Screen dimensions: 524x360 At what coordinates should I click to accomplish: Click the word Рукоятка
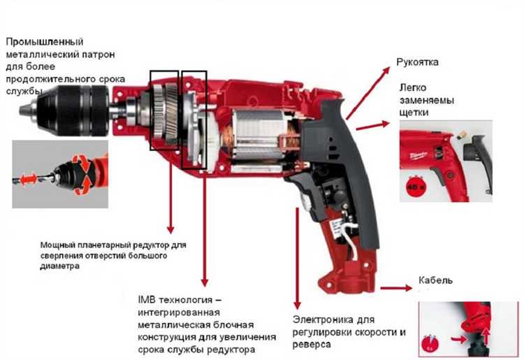[x=417, y=62]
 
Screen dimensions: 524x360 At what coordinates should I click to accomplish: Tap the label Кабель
[x=435, y=280]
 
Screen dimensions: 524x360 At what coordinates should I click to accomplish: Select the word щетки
[x=414, y=113]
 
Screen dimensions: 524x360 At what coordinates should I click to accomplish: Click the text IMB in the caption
[x=147, y=299]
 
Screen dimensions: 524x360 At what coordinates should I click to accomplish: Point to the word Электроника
[x=323, y=319]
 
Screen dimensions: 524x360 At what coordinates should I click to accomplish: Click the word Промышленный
[x=45, y=42]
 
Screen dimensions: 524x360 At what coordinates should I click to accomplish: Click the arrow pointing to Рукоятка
[x=367, y=93]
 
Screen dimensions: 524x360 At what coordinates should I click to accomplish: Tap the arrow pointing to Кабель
[x=396, y=288]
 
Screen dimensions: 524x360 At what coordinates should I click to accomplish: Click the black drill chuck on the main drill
[x=73, y=110]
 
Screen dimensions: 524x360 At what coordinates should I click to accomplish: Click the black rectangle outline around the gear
[x=150, y=110]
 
